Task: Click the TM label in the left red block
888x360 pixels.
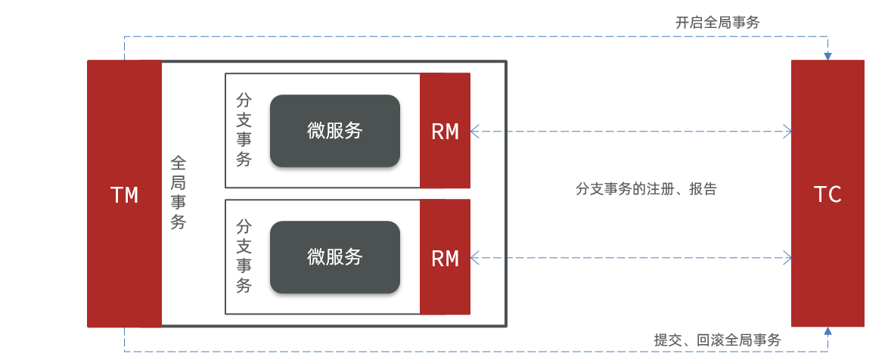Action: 125,195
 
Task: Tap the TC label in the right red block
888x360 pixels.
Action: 827,194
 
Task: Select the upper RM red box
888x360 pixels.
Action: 445,131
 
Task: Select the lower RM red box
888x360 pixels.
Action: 445,258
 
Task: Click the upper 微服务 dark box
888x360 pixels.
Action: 334,131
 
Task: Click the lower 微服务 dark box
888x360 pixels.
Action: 334,257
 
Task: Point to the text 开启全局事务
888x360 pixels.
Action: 717,23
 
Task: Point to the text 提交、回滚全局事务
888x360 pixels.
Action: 717,340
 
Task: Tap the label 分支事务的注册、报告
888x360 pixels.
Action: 646,189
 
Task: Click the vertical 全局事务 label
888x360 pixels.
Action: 179,193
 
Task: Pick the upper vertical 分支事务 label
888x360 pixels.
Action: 244,129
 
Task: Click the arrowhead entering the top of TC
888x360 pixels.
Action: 827,56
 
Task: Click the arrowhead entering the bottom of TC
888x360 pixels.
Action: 827,331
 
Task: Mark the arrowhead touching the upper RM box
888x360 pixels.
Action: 475,132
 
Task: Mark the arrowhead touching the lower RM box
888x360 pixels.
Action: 475,258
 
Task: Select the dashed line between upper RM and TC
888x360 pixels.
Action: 632,132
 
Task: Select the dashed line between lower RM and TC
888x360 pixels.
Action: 632,258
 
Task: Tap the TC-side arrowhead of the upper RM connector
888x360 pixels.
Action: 787,132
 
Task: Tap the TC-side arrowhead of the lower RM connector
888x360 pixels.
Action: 787,258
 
